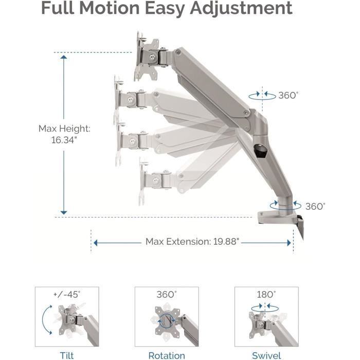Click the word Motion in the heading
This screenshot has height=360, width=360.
pos(110,8)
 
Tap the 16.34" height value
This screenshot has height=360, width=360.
pos(64,140)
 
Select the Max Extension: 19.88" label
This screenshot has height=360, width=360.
pos(192,242)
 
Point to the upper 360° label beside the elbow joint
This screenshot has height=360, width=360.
pos(289,95)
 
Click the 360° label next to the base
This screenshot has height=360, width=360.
pos(315,206)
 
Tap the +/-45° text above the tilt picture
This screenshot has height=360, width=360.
pos(67,295)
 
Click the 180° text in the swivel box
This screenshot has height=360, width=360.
pos(266,295)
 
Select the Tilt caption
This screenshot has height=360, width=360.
pos(67,355)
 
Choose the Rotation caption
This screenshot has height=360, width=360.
pos(167,355)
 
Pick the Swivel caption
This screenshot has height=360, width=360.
pos(266,356)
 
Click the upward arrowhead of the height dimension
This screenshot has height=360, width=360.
pos(64,57)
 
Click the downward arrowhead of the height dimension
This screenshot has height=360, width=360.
pos(64,212)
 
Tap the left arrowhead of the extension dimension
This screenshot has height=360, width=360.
pos(96,243)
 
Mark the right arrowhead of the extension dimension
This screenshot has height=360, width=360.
pos(289,243)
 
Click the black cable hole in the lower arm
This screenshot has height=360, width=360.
pos(260,150)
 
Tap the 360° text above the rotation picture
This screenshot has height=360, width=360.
pos(167,295)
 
